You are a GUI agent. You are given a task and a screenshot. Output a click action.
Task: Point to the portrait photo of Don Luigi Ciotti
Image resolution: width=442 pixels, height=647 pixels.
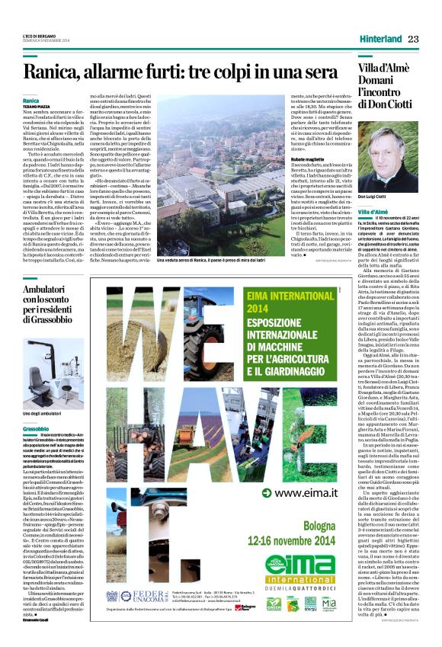click(388, 160)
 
